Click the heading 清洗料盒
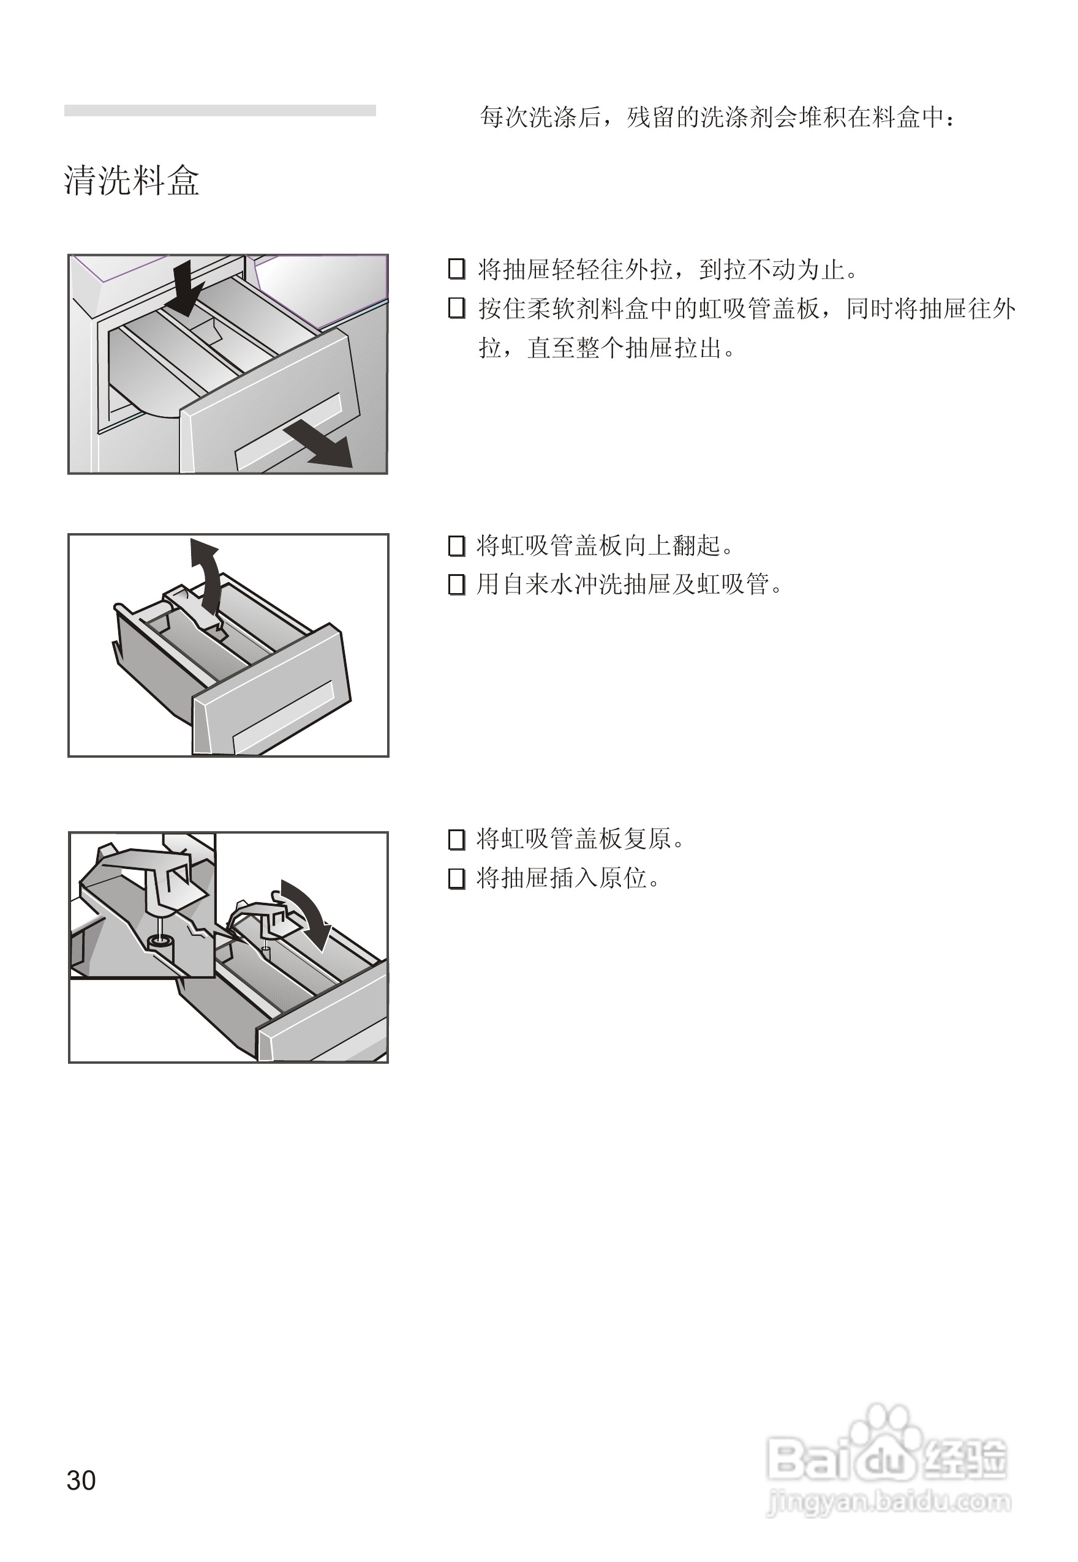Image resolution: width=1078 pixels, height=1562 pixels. [132, 181]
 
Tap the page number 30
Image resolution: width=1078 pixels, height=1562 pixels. [81, 1481]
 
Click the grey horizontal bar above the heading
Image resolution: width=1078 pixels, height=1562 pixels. [219, 110]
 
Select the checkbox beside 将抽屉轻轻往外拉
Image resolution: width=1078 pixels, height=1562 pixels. [456, 269]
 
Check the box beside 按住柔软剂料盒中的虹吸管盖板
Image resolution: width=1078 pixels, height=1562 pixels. [456, 308]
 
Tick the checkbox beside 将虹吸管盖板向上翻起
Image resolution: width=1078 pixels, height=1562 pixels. [456, 545]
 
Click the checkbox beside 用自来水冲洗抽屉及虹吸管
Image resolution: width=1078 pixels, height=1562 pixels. [456, 584]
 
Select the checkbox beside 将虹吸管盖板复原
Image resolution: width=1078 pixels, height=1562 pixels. [456, 840]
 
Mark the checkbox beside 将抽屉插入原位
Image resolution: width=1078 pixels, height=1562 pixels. [456, 878]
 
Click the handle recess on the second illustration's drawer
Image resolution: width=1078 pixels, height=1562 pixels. [284, 717]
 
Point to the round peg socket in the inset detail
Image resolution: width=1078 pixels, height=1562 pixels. [159, 941]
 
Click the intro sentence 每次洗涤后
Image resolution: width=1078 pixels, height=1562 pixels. [717, 118]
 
